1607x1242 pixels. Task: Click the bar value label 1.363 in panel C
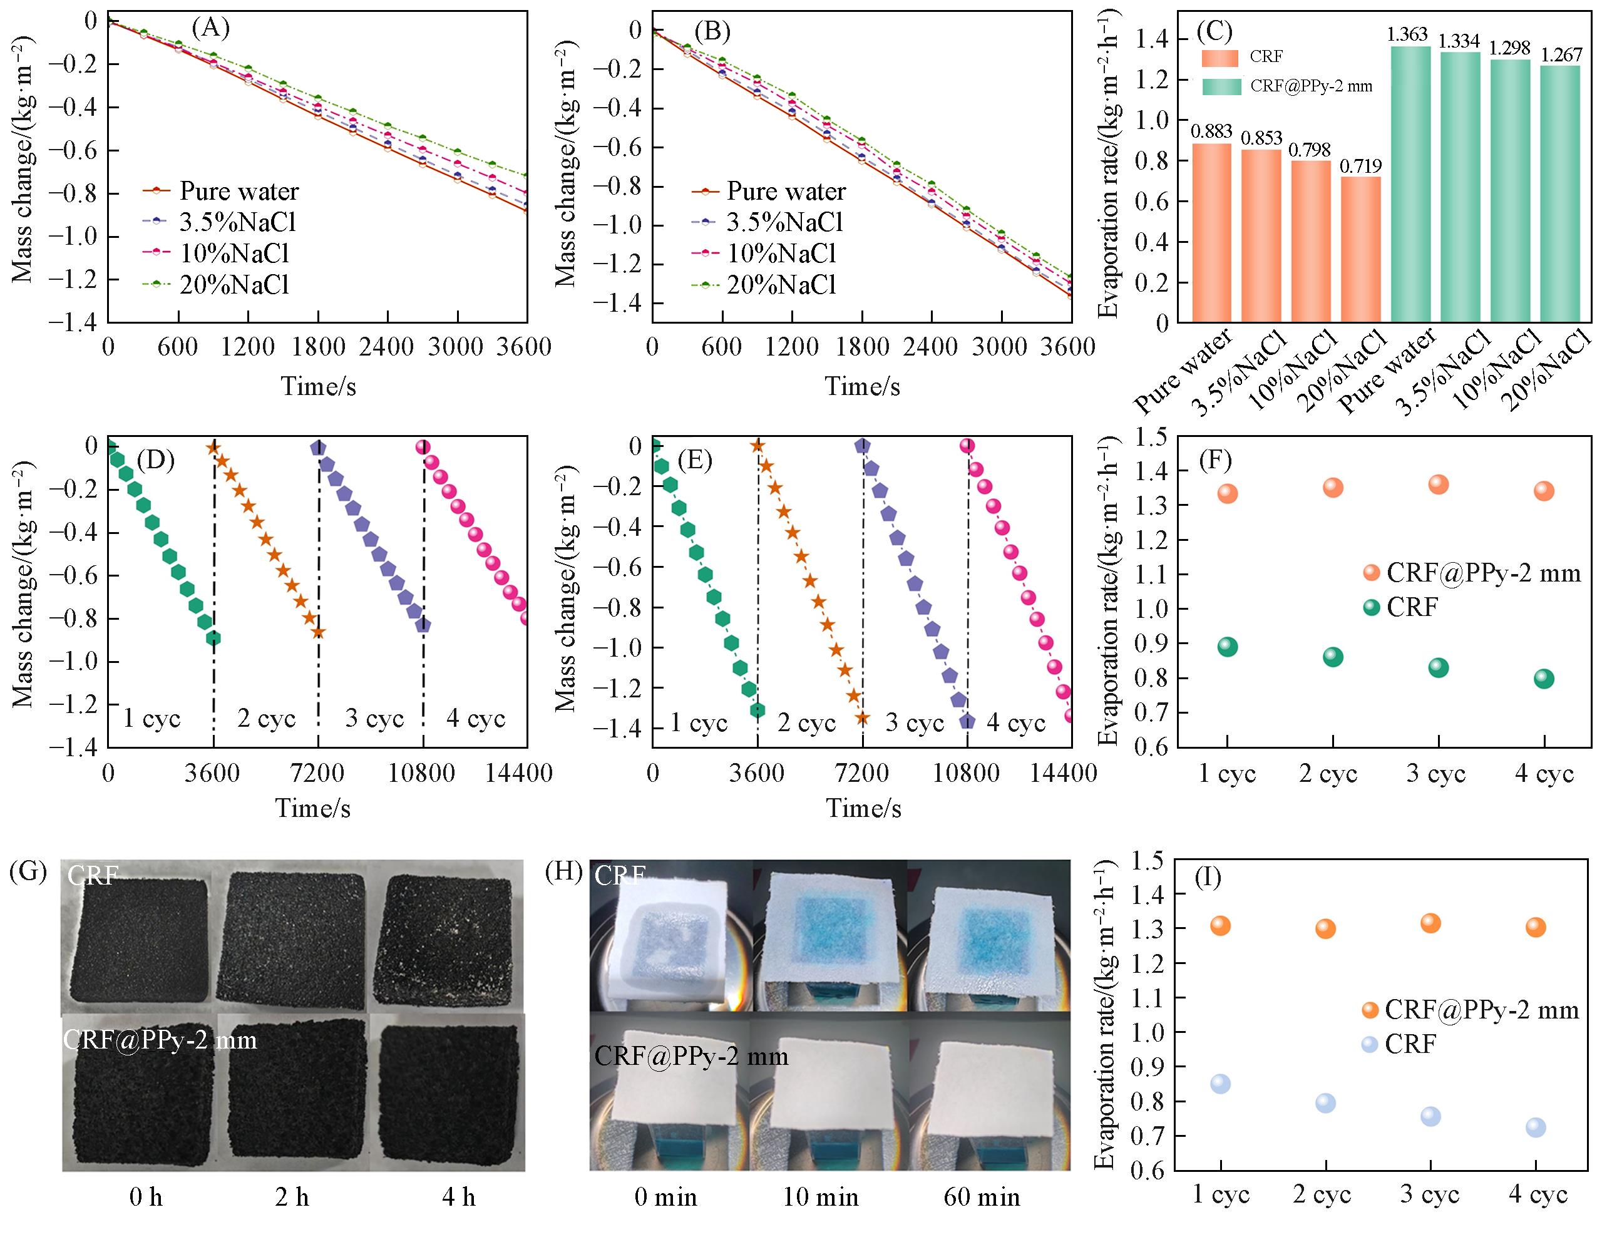pyautogui.click(x=1407, y=34)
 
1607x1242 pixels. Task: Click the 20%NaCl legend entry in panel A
pyautogui.click(x=234, y=285)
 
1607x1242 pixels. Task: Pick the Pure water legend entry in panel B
pyautogui.click(x=786, y=192)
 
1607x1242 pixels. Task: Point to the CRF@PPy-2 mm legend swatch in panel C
pyautogui.click(x=1221, y=86)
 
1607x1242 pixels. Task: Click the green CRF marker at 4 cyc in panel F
pyautogui.click(x=1544, y=679)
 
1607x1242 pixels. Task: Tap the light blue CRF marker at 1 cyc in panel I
pyautogui.click(x=1220, y=1084)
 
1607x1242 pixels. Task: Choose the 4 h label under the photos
pyautogui.click(x=458, y=1198)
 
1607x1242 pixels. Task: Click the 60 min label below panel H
pyautogui.click(x=982, y=1198)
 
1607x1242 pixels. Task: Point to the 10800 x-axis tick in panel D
pyautogui.click(x=423, y=774)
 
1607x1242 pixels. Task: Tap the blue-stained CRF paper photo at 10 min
pyautogui.click(x=828, y=935)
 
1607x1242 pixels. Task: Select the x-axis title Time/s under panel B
pyautogui.click(x=861, y=386)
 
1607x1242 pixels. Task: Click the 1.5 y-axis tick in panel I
pyautogui.click(x=1144, y=859)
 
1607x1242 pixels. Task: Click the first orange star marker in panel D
pyautogui.click(x=213, y=448)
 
